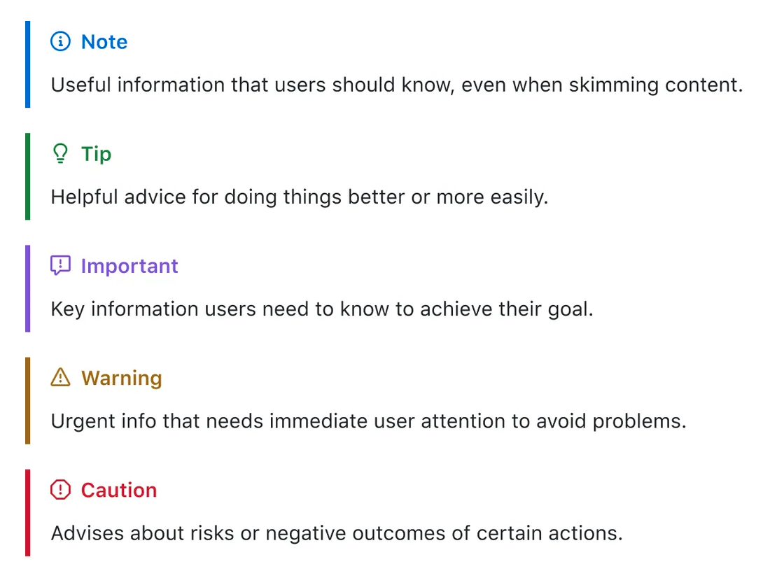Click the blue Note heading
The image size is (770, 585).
pos(104,42)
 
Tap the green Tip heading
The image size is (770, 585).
pos(96,154)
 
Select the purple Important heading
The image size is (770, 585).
pos(129,266)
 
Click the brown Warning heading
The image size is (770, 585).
pos(121,378)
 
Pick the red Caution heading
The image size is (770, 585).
pos(119,490)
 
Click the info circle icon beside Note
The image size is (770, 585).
pos(61,42)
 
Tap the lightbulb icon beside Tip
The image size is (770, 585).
pos(61,154)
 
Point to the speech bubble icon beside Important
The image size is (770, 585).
pos(61,266)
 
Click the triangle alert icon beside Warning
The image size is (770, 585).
pos(61,378)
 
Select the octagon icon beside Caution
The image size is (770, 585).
pos(61,490)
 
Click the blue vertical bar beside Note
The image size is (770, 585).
pos(28,64)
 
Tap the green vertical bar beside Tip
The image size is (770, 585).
pos(28,176)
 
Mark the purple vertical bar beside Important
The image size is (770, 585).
pos(28,288)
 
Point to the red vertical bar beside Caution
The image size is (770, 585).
pos(28,512)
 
